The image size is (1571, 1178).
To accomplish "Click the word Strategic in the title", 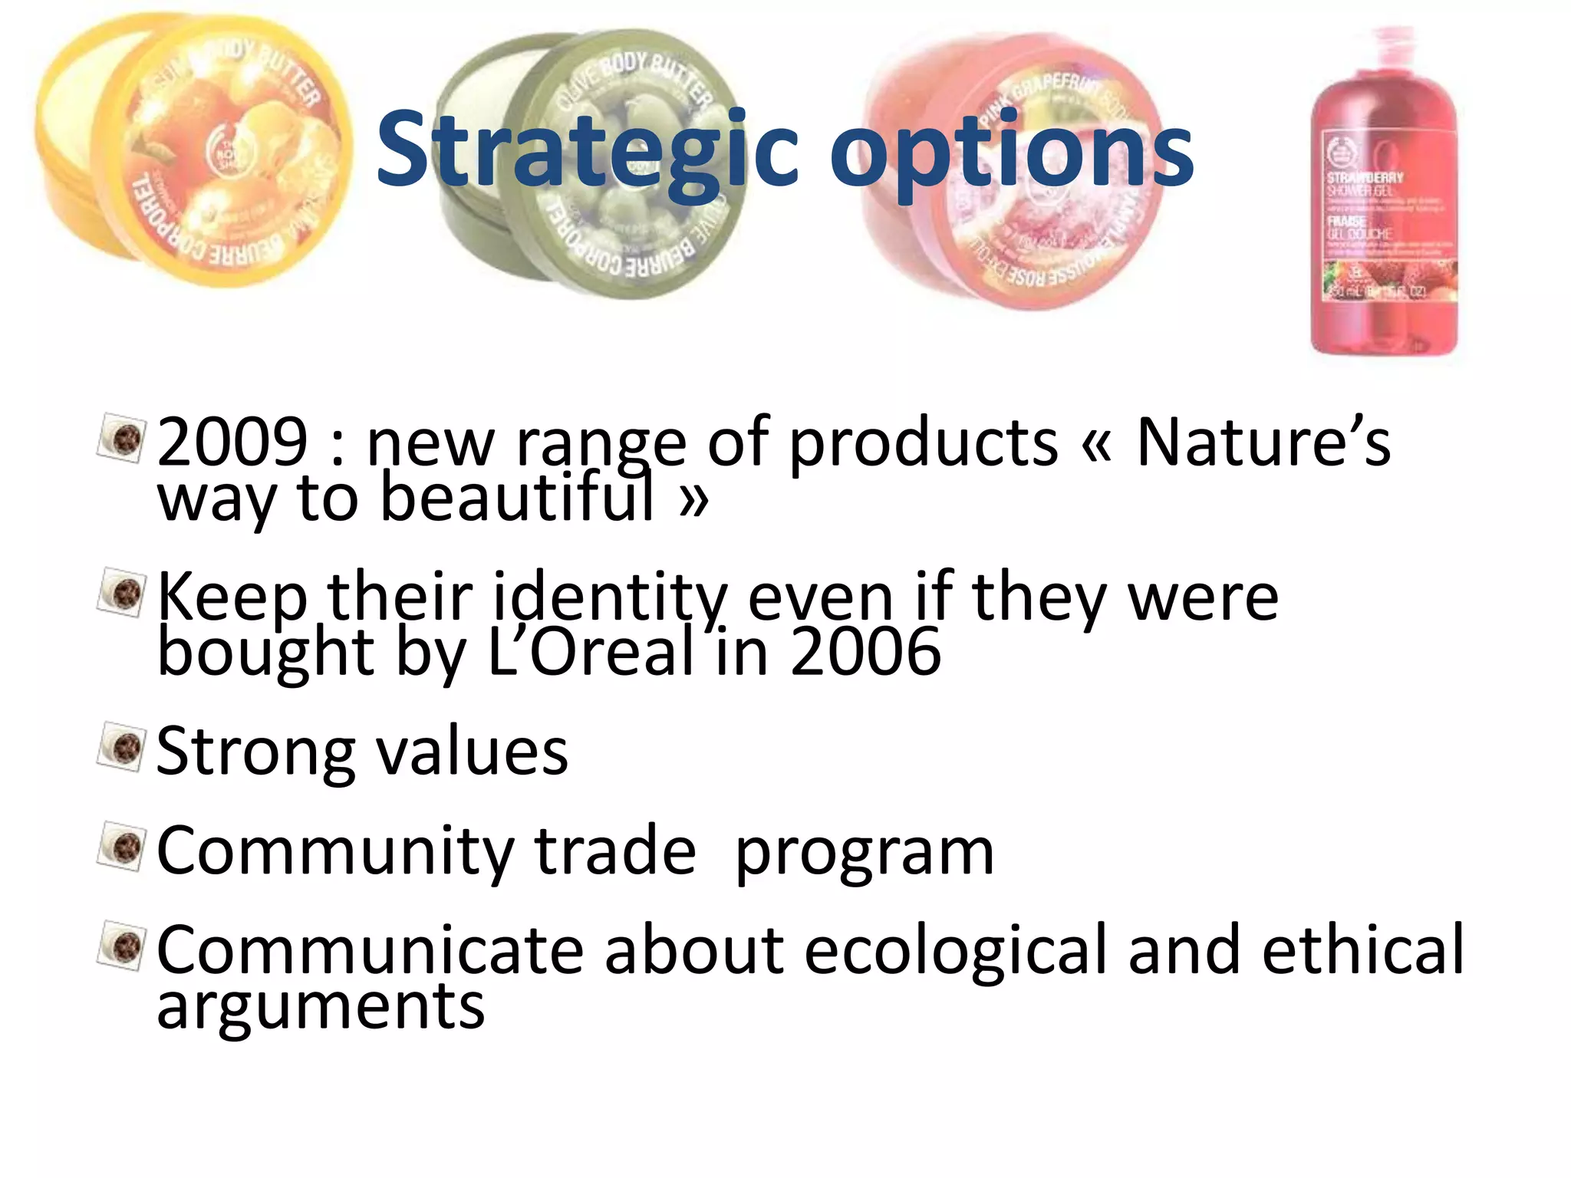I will [x=587, y=150].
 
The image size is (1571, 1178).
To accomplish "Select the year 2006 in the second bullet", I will [x=865, y=652].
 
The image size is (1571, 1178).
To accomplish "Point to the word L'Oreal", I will [x=591, y=652].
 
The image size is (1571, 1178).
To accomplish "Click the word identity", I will [x=610, y=598].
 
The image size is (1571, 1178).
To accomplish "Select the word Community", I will [x=334, y=851].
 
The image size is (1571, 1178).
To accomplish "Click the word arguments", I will [x=321, y=1006].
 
